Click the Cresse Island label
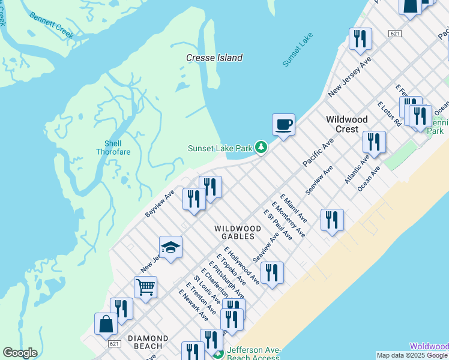214,58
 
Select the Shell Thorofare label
113,148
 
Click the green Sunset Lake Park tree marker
261,147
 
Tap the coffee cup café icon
283,124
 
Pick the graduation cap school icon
170,247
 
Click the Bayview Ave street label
160,204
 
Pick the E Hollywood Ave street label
242,265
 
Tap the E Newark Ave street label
193,304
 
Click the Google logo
20,353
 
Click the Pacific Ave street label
318,153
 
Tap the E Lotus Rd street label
389,114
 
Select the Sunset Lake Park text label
220,148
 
